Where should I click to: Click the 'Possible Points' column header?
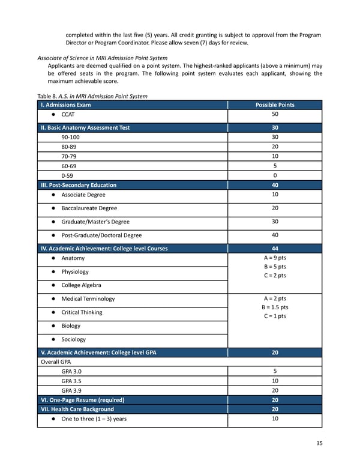275,104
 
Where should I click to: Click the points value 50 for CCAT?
275,114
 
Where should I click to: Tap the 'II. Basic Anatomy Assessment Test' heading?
85,127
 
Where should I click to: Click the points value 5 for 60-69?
275,166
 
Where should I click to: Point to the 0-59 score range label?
68,175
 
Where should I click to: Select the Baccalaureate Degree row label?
89,208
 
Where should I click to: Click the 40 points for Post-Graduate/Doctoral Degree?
275,235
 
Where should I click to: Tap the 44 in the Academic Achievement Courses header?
275,248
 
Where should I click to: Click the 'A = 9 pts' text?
275,258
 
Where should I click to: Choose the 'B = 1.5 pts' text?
275,307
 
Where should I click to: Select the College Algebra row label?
81,285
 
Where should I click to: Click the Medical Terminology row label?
88,299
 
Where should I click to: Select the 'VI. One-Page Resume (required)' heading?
82,400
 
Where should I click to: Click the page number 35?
319,443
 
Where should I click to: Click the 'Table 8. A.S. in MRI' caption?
92,96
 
